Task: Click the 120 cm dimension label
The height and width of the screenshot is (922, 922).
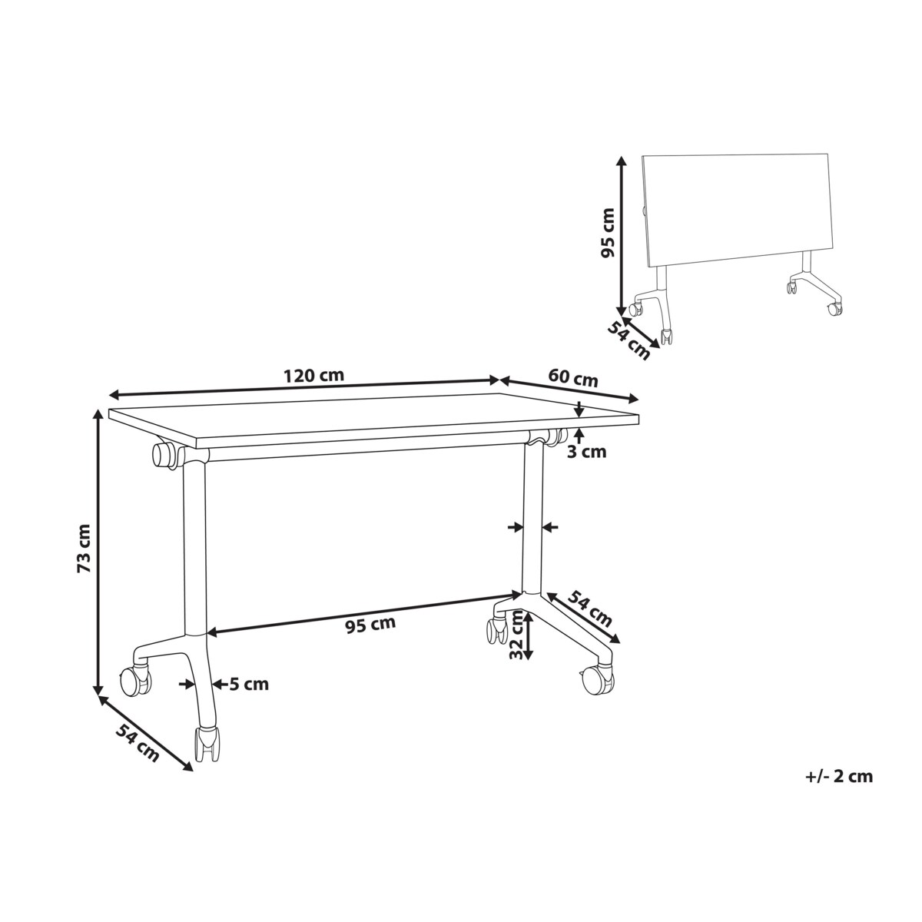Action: [x=313, y=376]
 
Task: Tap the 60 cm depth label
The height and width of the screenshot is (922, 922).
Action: [x=572, y=378]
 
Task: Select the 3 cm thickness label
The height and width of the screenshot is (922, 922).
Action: [x=586, y=452]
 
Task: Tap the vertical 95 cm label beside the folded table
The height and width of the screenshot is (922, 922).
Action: [x=607, y=232]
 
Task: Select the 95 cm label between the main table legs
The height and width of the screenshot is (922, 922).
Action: [x=371, y=624]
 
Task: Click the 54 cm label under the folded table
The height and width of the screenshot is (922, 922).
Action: [x=628, y=340]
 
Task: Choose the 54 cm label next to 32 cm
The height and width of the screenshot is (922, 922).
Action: [x=590, y=608]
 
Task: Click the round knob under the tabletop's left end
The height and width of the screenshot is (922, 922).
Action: [x=164, y=455]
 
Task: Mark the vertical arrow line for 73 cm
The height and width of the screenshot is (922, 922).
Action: [x=98, y=554]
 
